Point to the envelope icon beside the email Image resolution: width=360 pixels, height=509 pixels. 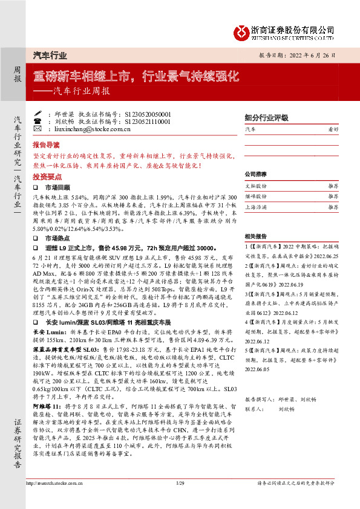click(x=38, y=129)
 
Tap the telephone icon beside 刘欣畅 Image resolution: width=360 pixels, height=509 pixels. click(x=38, y=121)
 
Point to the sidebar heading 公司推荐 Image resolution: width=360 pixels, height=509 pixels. click(x=257, y=174)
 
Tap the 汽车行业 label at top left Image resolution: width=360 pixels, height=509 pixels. click(x=50, y=55)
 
